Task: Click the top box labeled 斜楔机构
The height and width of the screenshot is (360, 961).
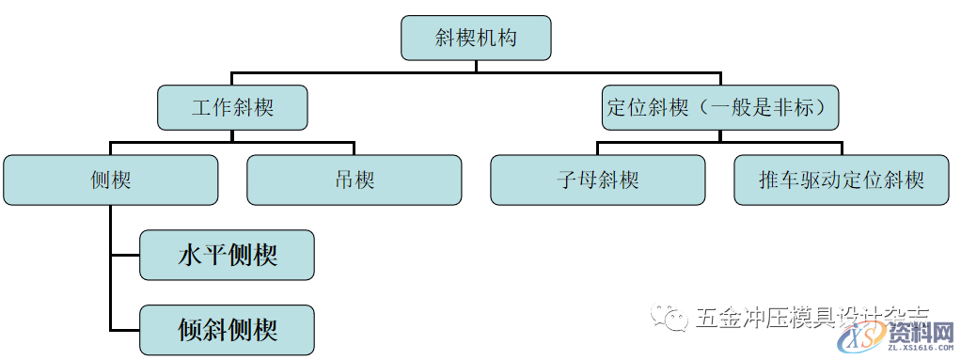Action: click(x=476, y=39)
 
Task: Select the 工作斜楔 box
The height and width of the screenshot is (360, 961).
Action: click(x=232, y=107)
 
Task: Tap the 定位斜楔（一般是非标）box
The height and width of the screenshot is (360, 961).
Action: click(x=720, y=107)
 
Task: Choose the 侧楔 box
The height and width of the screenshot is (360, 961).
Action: click(x=111, y=180)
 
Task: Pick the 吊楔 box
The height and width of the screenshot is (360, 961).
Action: click(x=354, y=180)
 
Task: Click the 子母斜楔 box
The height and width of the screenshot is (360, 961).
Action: click(x=598, y=180)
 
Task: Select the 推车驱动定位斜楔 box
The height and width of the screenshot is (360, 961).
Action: click(x=842, y=180)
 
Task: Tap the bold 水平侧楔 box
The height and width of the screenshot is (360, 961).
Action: click(x=227, y=255)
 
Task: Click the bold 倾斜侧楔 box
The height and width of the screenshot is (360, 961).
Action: click(x=227, y=330)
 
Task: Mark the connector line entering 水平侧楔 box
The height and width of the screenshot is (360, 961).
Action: click(x=125, y=255)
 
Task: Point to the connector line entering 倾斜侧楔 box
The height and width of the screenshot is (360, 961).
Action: click(x=125, y=330)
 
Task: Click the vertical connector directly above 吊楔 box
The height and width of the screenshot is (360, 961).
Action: click(x=354, y=148)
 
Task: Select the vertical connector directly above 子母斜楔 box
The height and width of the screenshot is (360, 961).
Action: click(x=598, y=148)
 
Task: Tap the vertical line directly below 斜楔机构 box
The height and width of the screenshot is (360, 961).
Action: click(x=476, y=66)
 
